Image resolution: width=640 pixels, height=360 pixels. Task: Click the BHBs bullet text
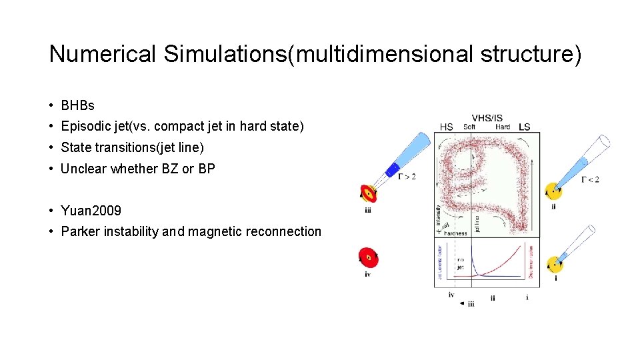pyautogui.click(x=77, y=105)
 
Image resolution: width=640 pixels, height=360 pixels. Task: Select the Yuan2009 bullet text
pyautogui.click(x=91, y=211)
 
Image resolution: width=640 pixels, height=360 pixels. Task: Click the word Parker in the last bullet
pyautogui.click(x=79, y=231)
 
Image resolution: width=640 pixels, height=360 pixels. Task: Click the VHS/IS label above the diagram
pyautogui.click(x=487, y=118)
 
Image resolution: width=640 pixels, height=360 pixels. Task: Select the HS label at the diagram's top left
pyautogui.click(x=447, y=127)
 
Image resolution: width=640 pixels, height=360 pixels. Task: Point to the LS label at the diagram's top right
pyautogui.click(x=525, y=127)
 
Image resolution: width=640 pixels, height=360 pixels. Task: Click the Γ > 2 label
pyautogui.click(x=406, y=177)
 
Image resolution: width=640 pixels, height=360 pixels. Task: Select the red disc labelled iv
pyautogui.click(x=367, y=257)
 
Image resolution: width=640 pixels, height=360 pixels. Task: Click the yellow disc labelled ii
pyautogui.click(x=553, y=191)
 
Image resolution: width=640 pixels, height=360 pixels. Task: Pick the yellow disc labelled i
pyautogui.click(x=554, y=265)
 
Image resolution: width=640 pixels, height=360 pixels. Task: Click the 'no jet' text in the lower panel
pyautogui.click(x=461, y=263)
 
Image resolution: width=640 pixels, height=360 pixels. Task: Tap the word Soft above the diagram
pyautogui.click(x=469, y=127)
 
